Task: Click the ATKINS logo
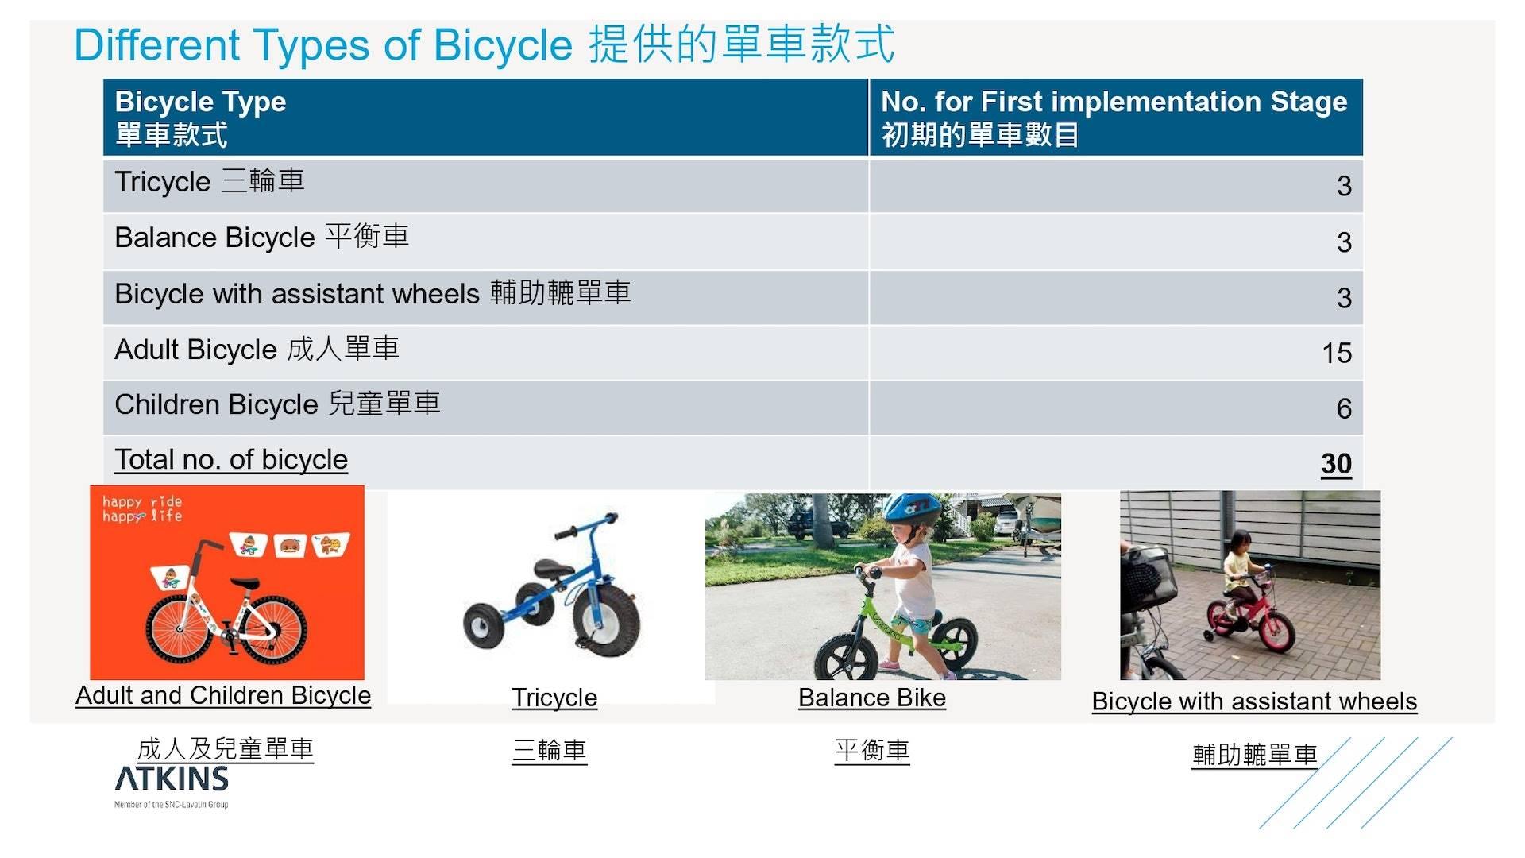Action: point(172,786)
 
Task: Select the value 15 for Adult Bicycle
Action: point(1337,353)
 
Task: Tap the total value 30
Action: point(1336,464)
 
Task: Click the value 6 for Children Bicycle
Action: point(1344,408)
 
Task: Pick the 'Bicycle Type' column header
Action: point(200,102)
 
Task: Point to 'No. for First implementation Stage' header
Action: point(1114,102)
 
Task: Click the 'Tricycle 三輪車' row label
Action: point(210,181)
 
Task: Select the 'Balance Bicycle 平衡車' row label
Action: point(261,237)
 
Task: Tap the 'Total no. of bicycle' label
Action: point(231,459)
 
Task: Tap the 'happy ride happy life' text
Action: point(142,508)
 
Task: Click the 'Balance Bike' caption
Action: point(872,698)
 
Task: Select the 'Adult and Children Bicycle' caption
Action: point(223,695)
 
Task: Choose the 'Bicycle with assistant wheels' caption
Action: point(1254,701)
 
